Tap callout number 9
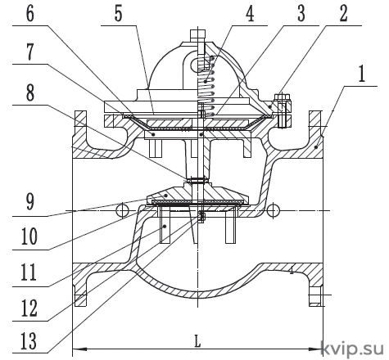pyautogui.click(x=30, y=202)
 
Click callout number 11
pyautogui.click(x=29, y=272)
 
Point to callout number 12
pyautogui.click(x=29, y=308)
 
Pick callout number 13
pyautogui.click(x=29, y=340)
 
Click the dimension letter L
pyautogui.click(x=197, y=341)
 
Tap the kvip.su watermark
pyautogui.click(x=352, y=349)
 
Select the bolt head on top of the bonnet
pyautogui.click(x=198, y=34)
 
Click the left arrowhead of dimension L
pyautogui.click(x=79, y=349)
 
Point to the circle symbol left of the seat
pyautogui.click(x=122, y=210)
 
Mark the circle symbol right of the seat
pyautogui.click(x=273, y=210)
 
